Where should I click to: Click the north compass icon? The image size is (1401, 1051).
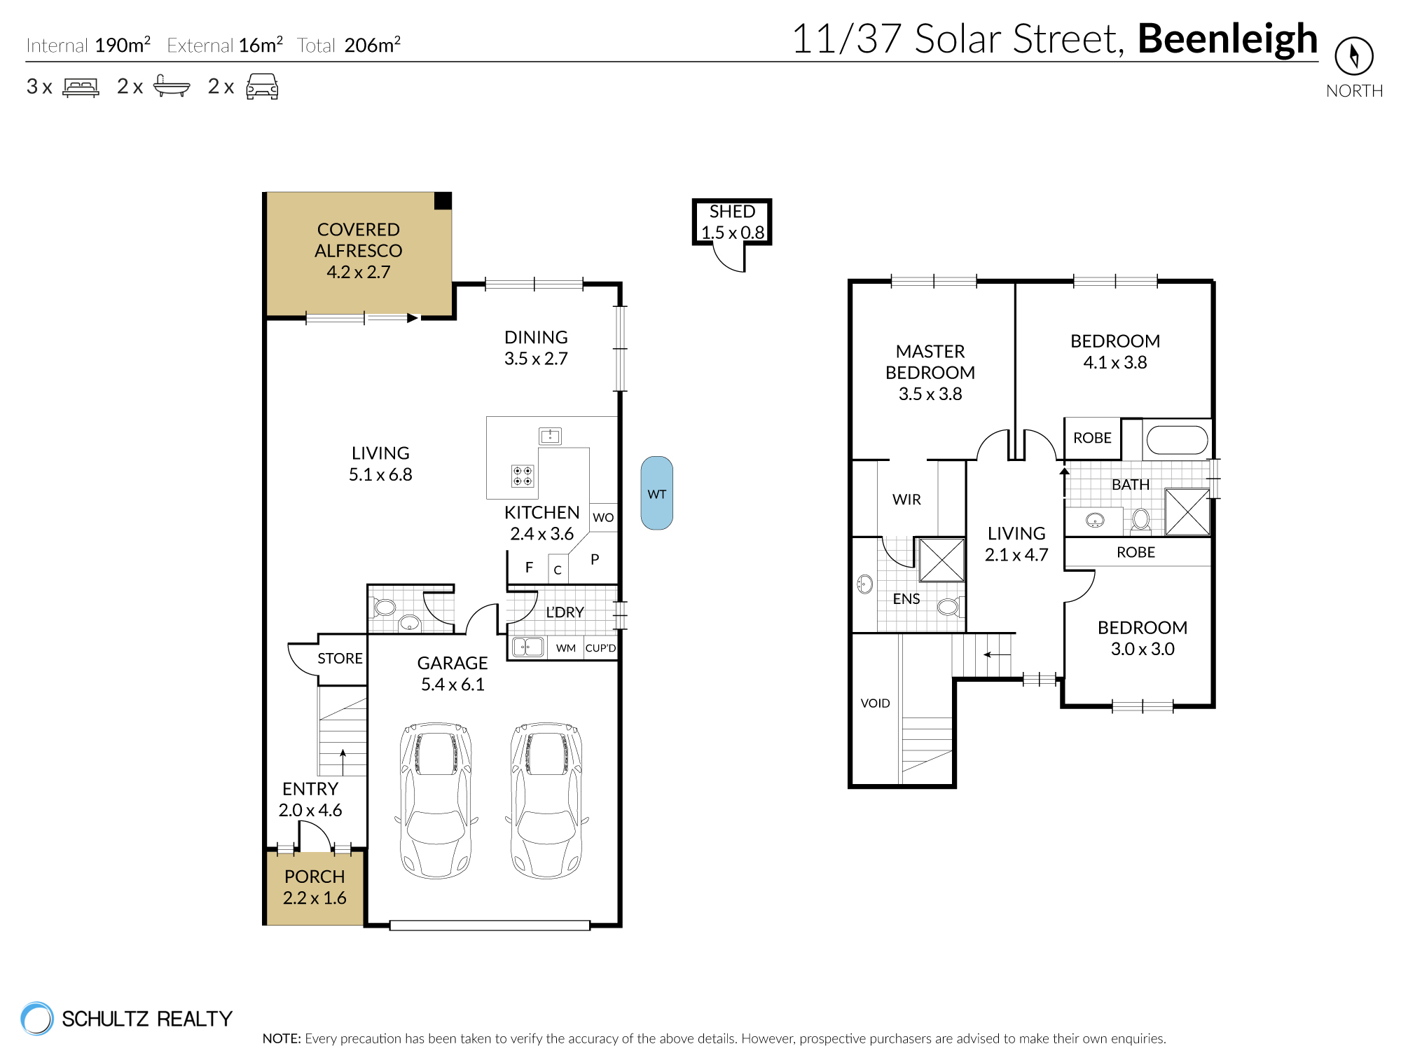point(1353,56)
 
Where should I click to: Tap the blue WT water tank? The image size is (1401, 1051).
point(656,493)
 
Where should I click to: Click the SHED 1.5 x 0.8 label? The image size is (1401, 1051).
point(732,222)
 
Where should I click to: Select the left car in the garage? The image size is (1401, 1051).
point(436,800)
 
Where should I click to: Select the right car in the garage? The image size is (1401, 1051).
point(546,800)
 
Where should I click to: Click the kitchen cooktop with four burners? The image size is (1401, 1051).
point(523,476)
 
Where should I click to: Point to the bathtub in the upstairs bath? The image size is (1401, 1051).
point(1177,440)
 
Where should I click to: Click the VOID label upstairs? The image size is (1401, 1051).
point(875,703)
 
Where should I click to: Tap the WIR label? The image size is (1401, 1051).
point(906,500)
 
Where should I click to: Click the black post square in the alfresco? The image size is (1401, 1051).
point(443,201)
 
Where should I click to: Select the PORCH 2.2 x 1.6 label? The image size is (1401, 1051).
point(315,887)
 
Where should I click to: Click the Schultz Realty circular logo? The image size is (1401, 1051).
point(37,1018)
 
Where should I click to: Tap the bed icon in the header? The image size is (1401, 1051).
point(81,87)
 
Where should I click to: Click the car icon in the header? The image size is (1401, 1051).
point(262,87)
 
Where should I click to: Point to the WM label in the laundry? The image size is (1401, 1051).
point(565,648)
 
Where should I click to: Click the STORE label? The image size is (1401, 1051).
point(340,659)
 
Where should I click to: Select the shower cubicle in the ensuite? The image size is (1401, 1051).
point(941,560)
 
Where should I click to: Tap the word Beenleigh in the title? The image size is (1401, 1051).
point(1227,39)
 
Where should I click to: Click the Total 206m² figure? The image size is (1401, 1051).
point(372,46)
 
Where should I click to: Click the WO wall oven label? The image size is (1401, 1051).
point(603,518)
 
